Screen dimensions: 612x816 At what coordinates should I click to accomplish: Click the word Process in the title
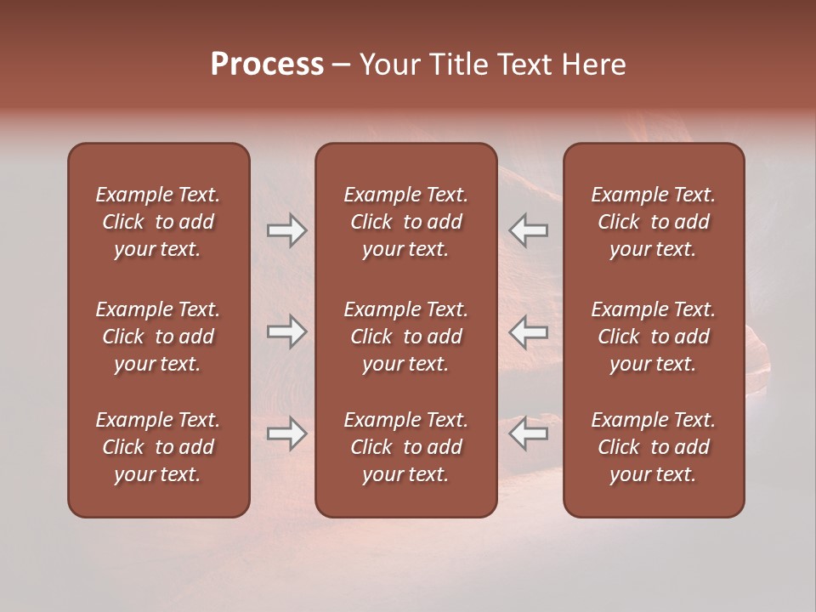(x=267, y=65)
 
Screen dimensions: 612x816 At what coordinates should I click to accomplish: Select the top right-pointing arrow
(x=286, y=230)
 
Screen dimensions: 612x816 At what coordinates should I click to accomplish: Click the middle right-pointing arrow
(x=286, y=332)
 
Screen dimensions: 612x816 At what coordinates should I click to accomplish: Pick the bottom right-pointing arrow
(x=286, y=433)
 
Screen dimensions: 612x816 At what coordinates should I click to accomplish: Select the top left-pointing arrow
(x=529, y=230)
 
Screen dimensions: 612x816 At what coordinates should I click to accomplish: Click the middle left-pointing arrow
(x=529, y=332)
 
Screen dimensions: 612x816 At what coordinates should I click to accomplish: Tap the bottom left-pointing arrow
(x=529, y=433)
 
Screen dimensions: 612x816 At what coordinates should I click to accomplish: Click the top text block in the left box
(x=158, y=222)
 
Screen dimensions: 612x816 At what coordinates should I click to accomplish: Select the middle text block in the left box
(x=158, y=337)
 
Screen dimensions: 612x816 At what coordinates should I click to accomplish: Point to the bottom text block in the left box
(x=158, y=447)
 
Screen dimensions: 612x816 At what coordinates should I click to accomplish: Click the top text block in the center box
(x=405, y=222)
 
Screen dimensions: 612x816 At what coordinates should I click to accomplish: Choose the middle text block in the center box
(x=405, y=337)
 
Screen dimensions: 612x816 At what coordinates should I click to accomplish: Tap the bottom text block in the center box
(x=405, y=447)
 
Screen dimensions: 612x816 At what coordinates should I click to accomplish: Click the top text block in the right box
(x=653, y=222)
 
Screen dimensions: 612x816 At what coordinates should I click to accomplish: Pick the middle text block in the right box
(x=653, y=337)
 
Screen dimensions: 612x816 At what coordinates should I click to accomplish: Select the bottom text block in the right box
(x=653, y=447)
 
